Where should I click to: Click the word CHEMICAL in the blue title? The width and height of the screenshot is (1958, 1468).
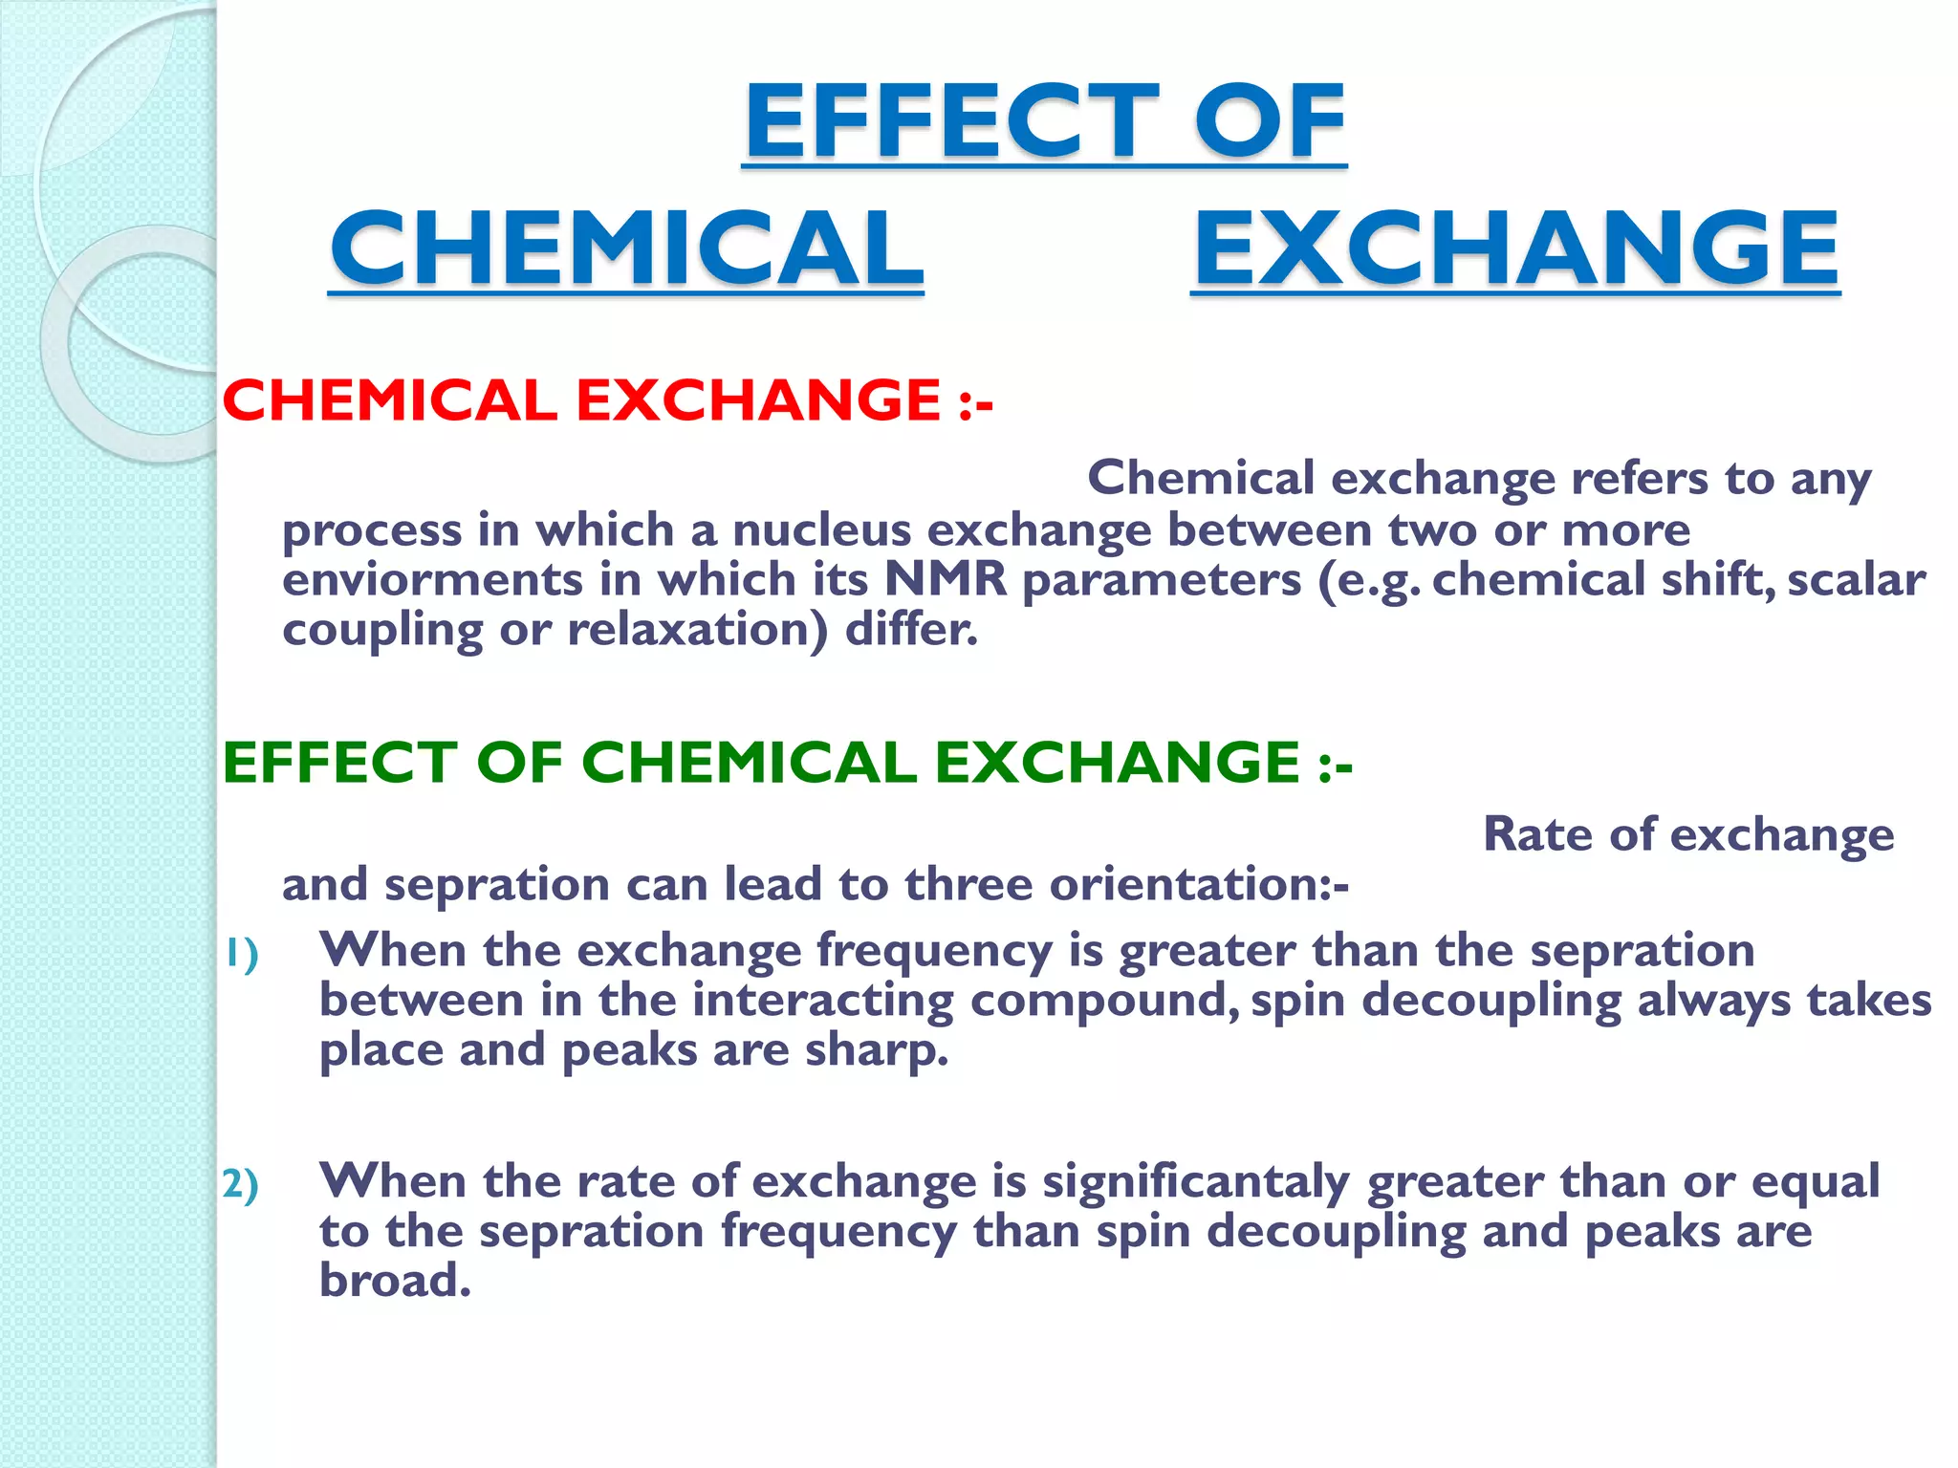pyautogui.click(x=626, y=248)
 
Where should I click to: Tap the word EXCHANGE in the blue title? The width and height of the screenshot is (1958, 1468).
pyautogui.click(x=1515, y=248)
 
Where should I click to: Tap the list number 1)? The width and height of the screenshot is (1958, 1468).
pyautogui.click(x=241, y=954)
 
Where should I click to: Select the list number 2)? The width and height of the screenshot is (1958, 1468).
pyautogui.click(x=241, y=1185)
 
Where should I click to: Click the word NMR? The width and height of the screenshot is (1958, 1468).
pyautogui.click(x=945, y=579)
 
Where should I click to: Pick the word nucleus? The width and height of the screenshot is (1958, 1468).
pyautogui.click(x=822, y=529)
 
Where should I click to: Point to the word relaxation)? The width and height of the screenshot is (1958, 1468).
pyautogui.click(x=697, y=629)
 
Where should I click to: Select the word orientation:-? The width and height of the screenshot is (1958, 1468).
pyautogui.click(x=1199, y=883)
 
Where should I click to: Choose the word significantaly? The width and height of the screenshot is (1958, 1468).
pyautogui.click(x=1196, y=1181)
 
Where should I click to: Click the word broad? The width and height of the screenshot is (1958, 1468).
pyautogui.click(x=395, y=1281)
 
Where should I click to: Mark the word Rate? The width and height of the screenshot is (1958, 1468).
pyautogui.click(x=1538, y=833)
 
